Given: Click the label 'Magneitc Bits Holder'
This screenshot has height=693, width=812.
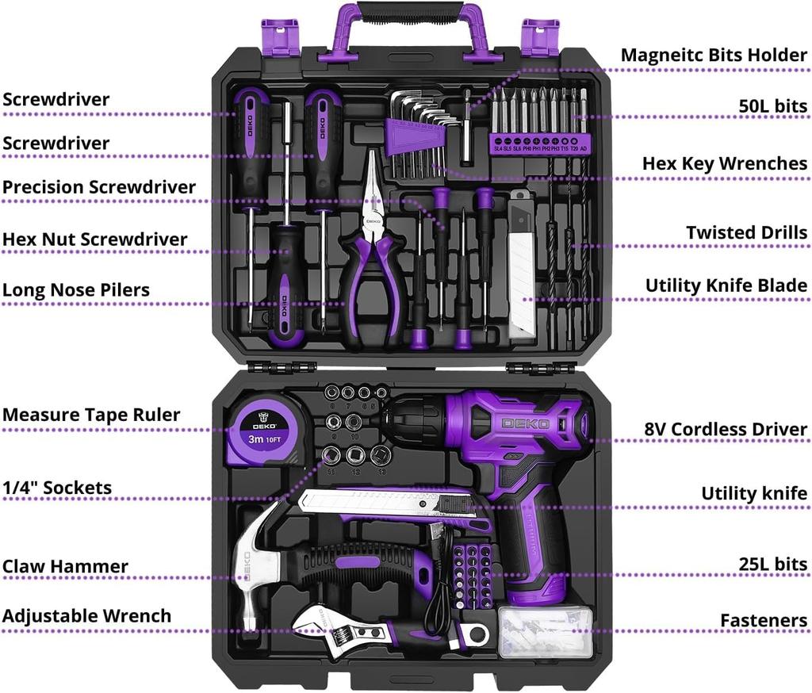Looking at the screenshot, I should pyautogui.click(x=714, y=55).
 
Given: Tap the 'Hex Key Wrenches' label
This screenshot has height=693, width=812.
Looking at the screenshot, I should pyautogui.click(x=724, y=163).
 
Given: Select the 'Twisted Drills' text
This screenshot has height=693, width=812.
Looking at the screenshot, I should pyautogui.click(x=746, y=232).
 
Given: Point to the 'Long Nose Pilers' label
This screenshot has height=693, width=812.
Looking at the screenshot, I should pyautogui.click(x=75, y=289).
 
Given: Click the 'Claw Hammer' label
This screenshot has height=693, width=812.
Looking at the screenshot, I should pyautogui.click(x=64, y=566).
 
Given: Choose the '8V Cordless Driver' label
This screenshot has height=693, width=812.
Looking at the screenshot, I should pyautogui.click(x=726, y=430).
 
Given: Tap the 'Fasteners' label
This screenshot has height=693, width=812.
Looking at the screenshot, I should pyautogui.click(x=763, y=620).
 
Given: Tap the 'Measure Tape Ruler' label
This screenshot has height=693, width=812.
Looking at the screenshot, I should pyautogui.click(x=90, y=415).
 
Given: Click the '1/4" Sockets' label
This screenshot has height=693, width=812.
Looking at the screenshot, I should pyautogui.click(x=56, y=488).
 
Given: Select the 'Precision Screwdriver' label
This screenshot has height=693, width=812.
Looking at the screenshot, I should pyautogui.click(x=98, y=187).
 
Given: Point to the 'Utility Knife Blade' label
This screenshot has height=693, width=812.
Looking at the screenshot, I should pyautogui.click(x=726, y=285).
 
